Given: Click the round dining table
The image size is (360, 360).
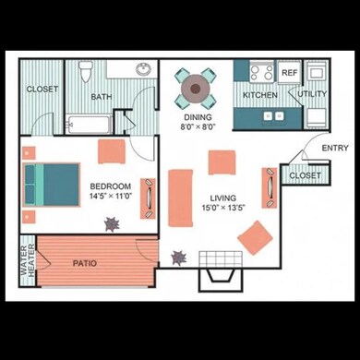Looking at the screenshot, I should tap(195, 88).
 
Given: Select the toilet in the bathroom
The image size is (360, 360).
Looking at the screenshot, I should tap(85, 71).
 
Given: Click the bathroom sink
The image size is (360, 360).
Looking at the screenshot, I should tap(145, 69).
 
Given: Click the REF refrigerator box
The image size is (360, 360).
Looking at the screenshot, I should tap(288, 73).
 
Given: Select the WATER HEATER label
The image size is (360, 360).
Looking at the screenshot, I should tap(27, 259).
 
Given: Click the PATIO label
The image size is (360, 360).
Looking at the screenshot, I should tap(86, 262).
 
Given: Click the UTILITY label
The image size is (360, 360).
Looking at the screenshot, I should tap(312, 94).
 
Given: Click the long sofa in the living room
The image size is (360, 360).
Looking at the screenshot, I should tap(178, 195).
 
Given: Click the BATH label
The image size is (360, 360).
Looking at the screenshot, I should tap(101, 96).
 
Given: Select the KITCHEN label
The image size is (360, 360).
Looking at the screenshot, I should tap(260, 95).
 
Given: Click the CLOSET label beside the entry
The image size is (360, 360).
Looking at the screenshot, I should tap(305, 174).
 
